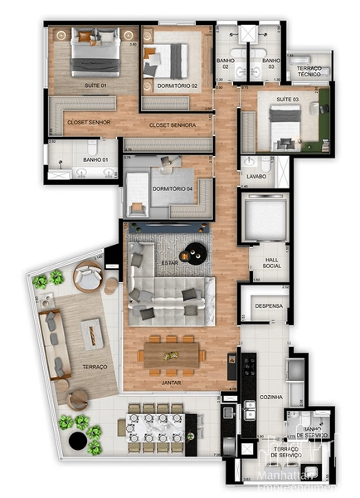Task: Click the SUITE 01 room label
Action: pyautogui.click(x=95, y=85)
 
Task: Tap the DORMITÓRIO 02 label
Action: pyautogui.click(x=176, y=85)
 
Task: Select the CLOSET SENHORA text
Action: pyautogui.click(x=173, y=125)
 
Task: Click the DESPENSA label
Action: pyautogui.click(x=269, y=306)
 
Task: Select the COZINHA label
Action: pyautogui.click(x=271, y=398)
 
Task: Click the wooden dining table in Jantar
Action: pyautogui.click(x=173, y=354)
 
